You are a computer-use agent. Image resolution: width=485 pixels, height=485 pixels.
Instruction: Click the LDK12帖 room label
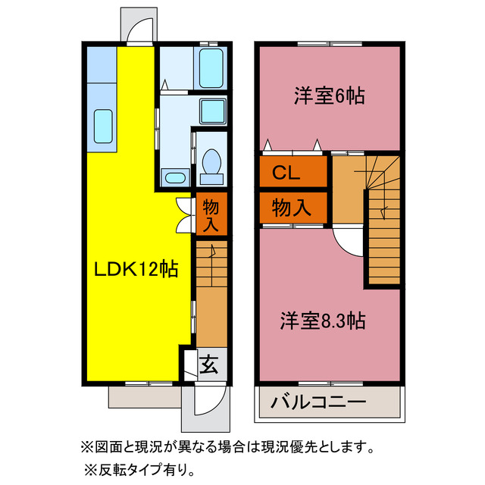(136, 268)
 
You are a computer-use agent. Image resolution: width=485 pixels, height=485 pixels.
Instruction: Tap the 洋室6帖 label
(329, 96)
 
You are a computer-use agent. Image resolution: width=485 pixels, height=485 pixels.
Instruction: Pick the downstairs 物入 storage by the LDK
(211, 214)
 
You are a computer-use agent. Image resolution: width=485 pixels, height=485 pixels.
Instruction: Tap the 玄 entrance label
(209, 365)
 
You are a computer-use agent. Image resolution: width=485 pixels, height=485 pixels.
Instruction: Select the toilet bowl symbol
(211, 163)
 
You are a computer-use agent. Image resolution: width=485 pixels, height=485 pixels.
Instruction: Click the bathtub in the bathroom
(211, 69)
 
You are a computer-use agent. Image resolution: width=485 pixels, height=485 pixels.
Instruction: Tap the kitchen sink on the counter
(102, 123)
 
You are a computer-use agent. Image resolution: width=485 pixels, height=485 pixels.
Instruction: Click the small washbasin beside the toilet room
(175, 178)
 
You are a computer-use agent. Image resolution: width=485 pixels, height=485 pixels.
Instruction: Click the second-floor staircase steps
(383, 227)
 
